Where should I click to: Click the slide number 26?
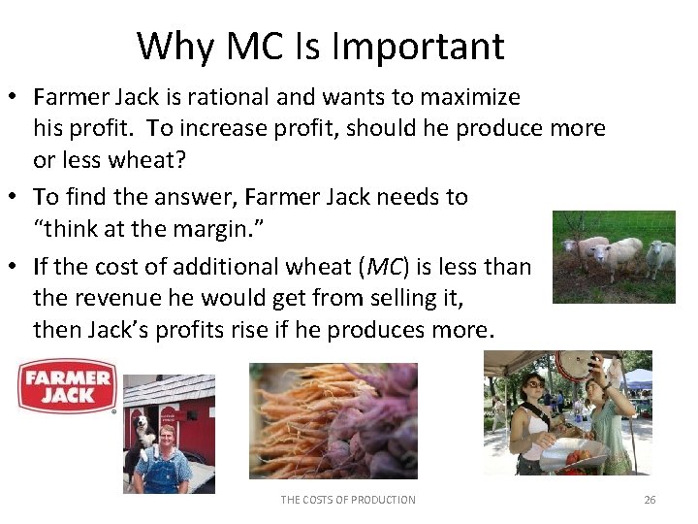tap(650, 500)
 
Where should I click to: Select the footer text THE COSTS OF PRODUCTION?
tap(348, 500)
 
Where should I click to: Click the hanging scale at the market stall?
tap(576, 367)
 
